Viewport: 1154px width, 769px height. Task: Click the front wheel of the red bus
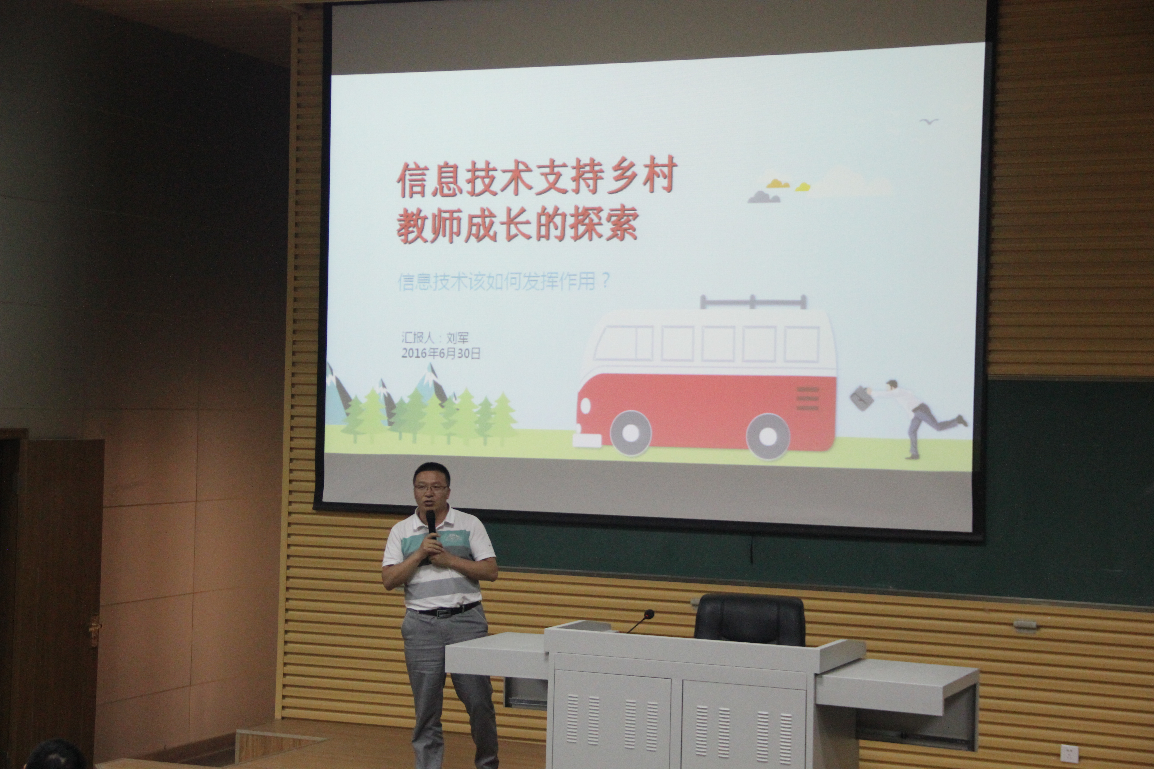(630, 433)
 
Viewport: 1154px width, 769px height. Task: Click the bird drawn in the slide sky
(929, 121)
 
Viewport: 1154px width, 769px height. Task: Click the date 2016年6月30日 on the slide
(441, 353)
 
